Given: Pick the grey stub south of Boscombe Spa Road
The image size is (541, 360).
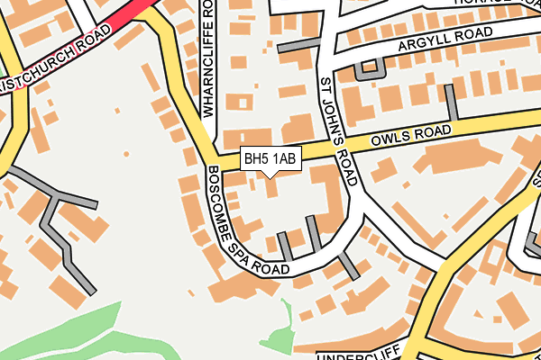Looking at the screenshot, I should pyautogui.click(x=349, y=265).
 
